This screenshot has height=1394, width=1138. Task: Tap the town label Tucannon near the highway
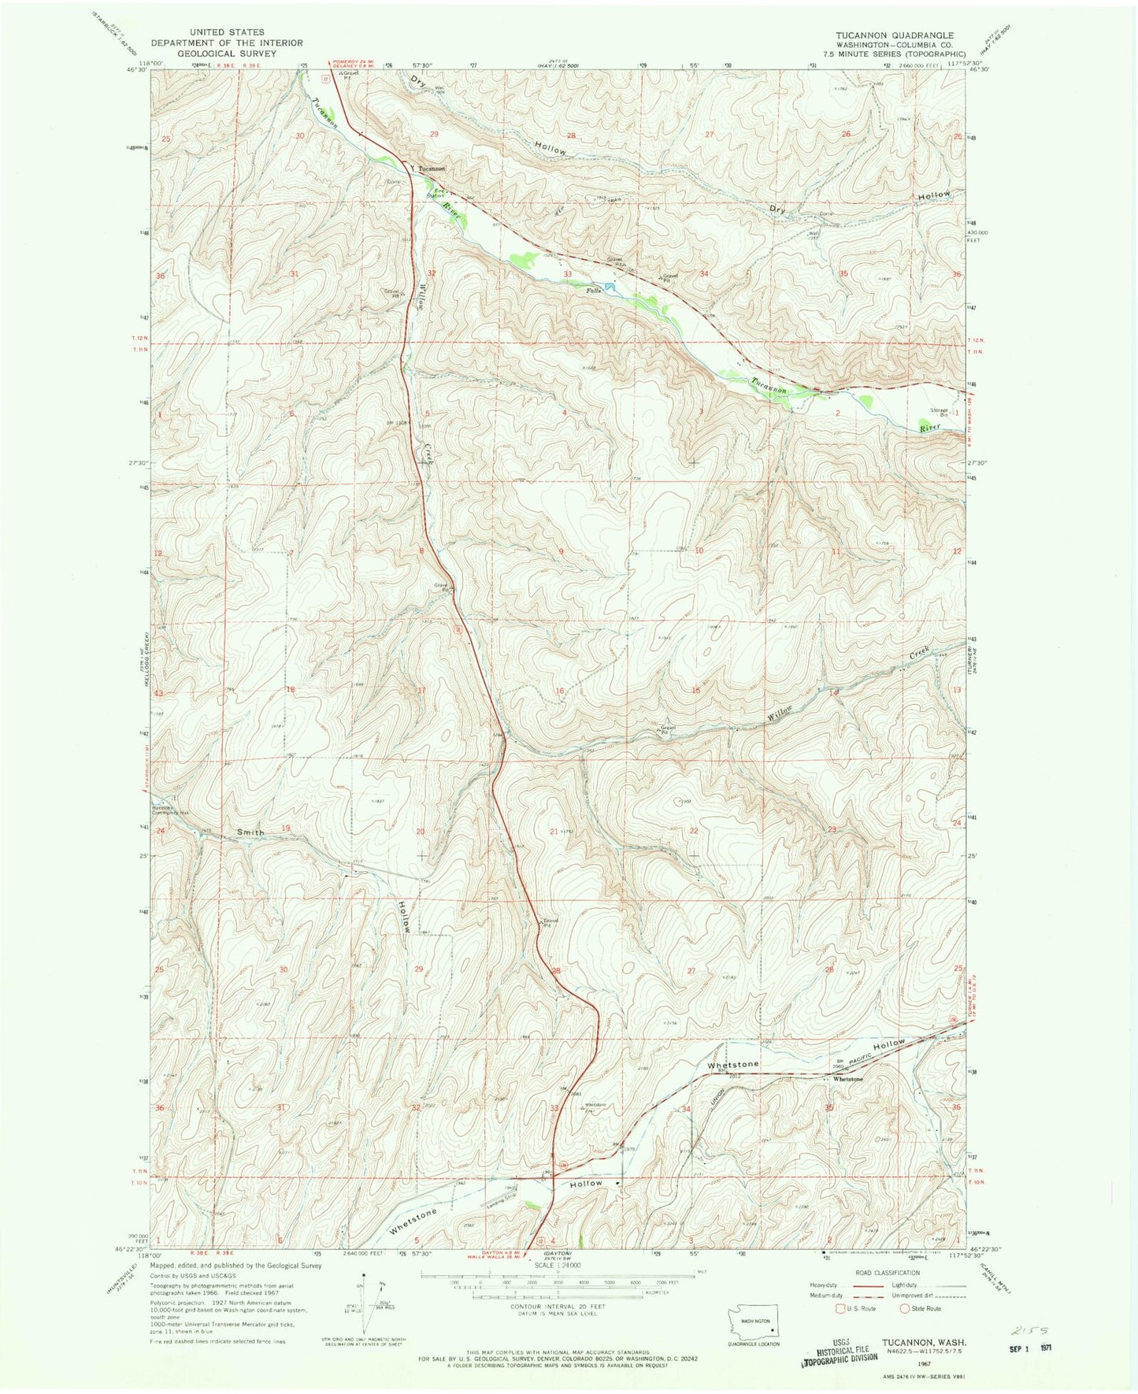432,169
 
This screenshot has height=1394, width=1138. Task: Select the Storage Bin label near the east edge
938,411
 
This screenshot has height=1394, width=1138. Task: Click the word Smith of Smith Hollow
249,832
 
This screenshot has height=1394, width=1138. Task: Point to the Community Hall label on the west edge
172,811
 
